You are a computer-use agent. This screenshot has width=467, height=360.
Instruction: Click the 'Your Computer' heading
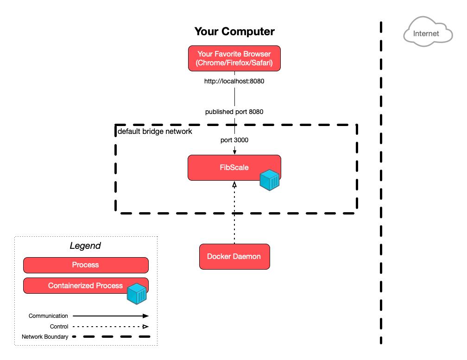click(234, 32)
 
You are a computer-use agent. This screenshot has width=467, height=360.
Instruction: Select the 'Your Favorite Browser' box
click(234, 58)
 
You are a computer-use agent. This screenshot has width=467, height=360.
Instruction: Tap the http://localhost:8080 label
click(234, 81)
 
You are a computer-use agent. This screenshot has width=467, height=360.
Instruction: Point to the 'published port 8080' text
click(234, 112)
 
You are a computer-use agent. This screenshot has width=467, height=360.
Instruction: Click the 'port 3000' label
click(234, 139)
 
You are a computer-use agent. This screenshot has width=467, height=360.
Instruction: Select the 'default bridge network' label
click(155, 132)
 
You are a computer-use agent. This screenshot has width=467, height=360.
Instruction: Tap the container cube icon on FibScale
click(269, 180)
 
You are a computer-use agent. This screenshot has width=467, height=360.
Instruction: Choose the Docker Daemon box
click(234, 256)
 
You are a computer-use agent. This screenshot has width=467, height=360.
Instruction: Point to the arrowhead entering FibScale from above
click(234, 152)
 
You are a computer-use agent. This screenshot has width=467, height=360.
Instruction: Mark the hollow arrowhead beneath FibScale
click(234, 184)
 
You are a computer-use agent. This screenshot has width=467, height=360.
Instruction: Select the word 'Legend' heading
click(85, 246)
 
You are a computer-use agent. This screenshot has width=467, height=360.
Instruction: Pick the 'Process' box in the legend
click(86, 265)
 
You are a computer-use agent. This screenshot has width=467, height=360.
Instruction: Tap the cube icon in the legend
click(137, 293)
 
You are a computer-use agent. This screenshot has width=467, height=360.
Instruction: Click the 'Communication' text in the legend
click(48, 316)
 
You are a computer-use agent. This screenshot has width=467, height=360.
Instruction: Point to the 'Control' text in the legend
click(59, 327)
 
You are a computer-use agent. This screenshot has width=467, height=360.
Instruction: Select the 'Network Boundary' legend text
click(45, 337)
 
